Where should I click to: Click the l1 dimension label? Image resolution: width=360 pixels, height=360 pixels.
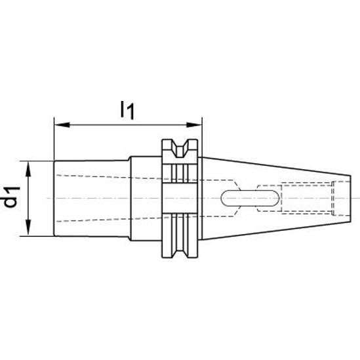pyautogui.click(x=127, y=111)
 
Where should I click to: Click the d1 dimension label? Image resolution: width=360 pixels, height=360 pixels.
pyautogui.click(x=12, y=197)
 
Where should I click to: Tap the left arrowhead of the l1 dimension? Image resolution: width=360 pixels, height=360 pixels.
pyautogui.click(x=62, y=125)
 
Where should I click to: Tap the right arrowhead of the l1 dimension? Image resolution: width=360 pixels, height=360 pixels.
pyautogui.click(x=194, y=125)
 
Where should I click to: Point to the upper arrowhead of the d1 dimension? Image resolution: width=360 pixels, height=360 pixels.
pyautogui.click(x=28, y=169)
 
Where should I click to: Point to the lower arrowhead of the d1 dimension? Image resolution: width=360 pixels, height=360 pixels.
pyautogui.click(x=28, y=228)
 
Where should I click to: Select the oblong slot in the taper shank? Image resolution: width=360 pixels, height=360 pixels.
pyautogui.click(x=250, y=199)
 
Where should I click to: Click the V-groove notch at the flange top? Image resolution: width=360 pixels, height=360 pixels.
pyautogui.click(x=180, y=148)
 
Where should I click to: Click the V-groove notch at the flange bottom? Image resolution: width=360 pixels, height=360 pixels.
pyautogui.click(x=180, y=249)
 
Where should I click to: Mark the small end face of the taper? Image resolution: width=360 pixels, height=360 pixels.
pyautogui.click(x=351, y=199)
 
